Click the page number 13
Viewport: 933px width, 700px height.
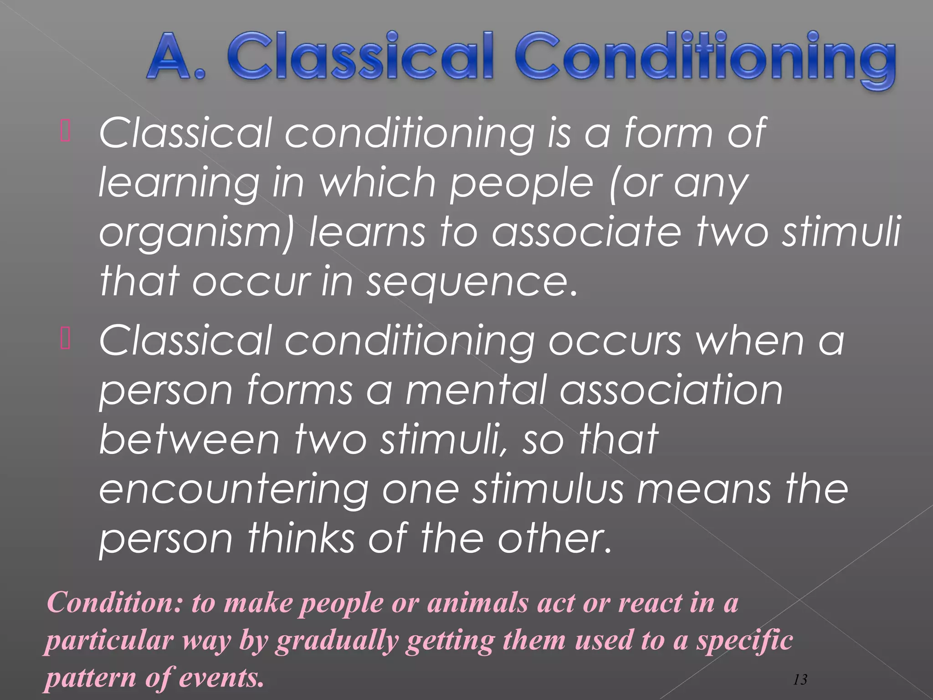[800, 679]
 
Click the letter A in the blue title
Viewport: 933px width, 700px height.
[169, 57]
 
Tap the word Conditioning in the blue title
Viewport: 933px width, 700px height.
[706, 59]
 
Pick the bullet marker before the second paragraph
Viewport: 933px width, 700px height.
[65, 340]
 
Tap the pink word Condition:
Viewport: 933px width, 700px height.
[114, 602]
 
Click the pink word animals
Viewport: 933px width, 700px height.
[477, 602]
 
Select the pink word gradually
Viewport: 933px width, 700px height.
[337, 640]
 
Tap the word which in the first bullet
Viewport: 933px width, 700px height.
[378, 183]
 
